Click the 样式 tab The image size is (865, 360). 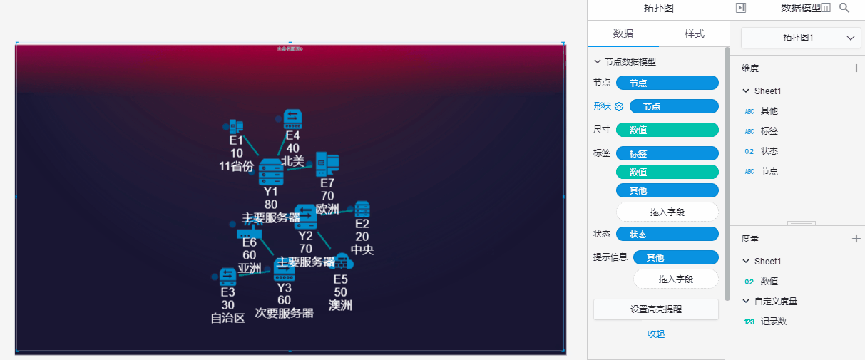coord(694,34)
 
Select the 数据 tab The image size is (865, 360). coord(623,34)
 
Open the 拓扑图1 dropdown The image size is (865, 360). coord(801,38)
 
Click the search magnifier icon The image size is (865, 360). coord(844,8)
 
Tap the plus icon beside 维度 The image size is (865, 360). coord(856,68)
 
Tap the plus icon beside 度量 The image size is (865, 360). coord(856,239)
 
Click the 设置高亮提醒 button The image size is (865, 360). coord(655,309)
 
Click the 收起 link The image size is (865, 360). coord(655,334)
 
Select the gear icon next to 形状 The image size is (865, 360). coord(619,107)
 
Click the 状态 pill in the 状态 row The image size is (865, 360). coord(667,235)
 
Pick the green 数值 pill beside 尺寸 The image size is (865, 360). coord(667,130)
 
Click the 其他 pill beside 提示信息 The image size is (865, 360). coord(675,257)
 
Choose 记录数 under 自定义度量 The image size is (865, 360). coord(773,322)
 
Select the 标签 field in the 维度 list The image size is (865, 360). coord(769,131)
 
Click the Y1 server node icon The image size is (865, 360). coord(271,171)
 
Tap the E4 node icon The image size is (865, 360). coord(293,119)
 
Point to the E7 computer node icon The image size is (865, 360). coord(327,164)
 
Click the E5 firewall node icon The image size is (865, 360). coord(341,261)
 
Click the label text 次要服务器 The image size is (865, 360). coord(284,313)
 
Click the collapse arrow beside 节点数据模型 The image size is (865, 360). coord(598,62)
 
